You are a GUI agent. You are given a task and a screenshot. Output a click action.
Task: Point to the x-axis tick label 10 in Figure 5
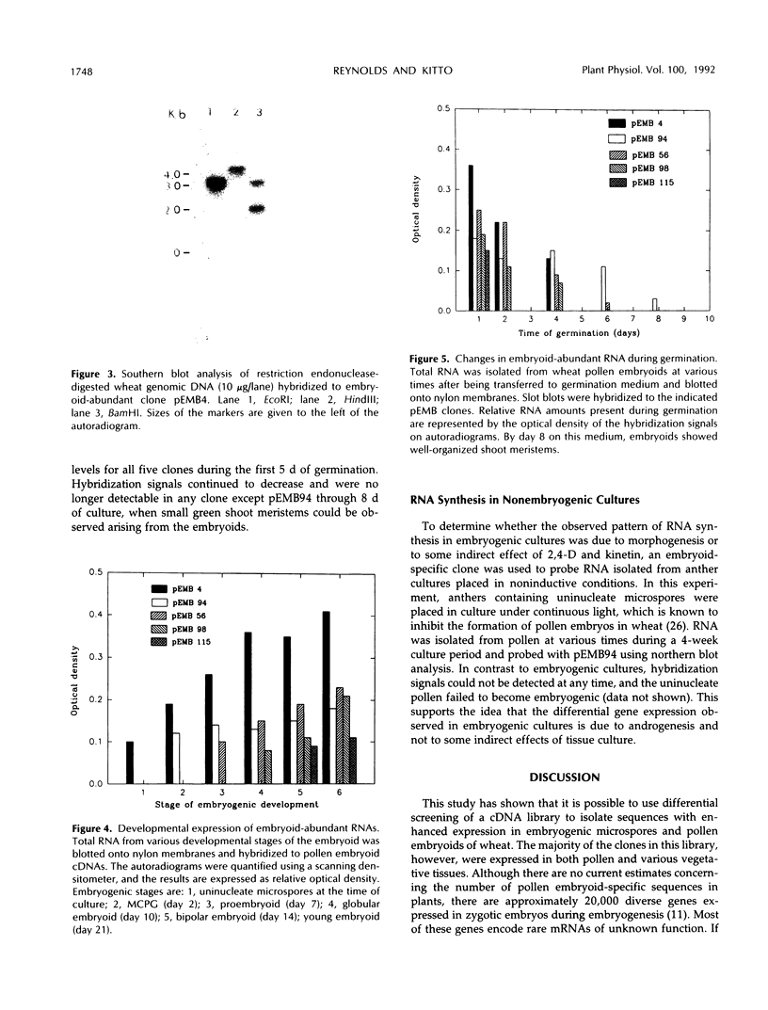point(710,320)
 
